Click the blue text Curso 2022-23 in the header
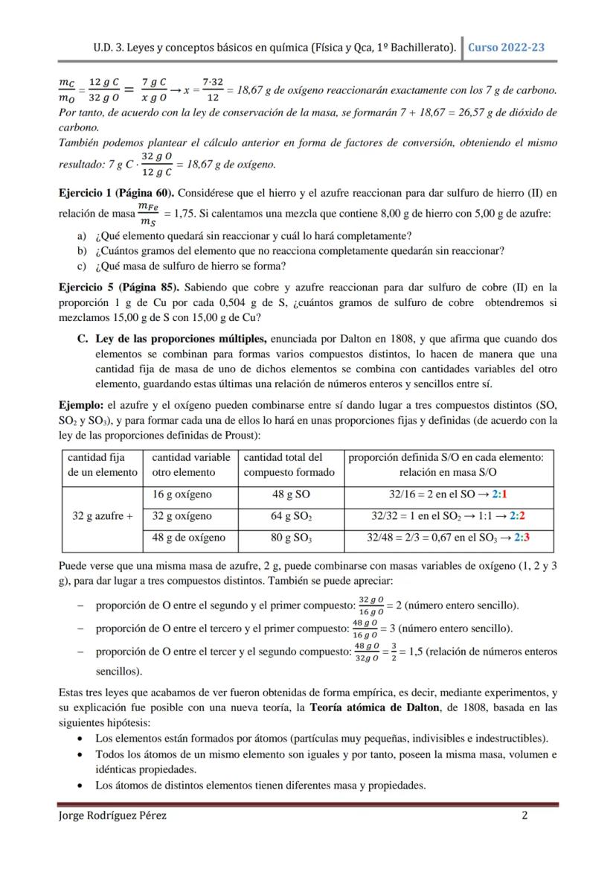(506, 47)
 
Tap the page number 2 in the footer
(524, 815)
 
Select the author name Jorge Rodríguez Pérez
(112, 815)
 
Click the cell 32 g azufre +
(100, 516)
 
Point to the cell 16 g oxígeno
(182, 494)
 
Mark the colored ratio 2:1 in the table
(499, 494)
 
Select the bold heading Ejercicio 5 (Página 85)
(119, 287)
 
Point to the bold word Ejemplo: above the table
(81, 406)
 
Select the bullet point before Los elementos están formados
(80, 739)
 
